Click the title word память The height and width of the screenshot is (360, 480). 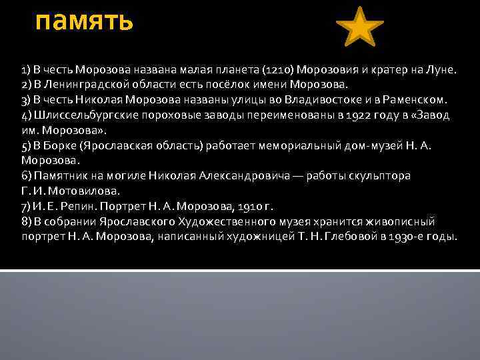[x=85, y=21]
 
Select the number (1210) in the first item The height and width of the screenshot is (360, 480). [x=279, y=70]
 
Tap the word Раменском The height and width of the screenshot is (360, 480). [x=417, y=100]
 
